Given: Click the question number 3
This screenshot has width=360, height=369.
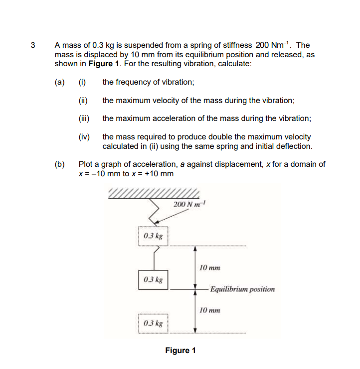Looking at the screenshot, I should click(x=33, y=45).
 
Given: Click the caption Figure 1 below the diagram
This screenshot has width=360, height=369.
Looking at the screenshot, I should click(x=180, y=351).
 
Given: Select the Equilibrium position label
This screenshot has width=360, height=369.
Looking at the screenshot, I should click(x=242, y=289).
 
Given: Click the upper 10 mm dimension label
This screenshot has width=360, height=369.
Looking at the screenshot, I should click(x=209, y=268).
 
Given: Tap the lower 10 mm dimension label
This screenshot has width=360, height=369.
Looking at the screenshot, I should click(x=209, y=310).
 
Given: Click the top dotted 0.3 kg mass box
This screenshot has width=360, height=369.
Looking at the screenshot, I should click(x=153, y=236).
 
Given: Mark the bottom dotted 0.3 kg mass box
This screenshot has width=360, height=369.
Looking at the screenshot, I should click(x=153, y=323).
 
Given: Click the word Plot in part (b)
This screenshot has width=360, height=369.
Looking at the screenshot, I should click(x=86, y=164).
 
